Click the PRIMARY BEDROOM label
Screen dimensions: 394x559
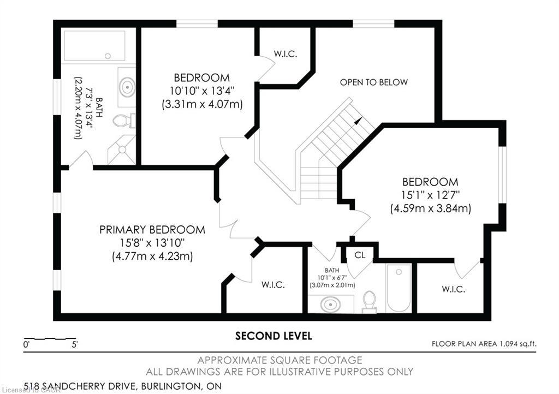(x=152, y=230)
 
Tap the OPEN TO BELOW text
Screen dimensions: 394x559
(x=373, y=82)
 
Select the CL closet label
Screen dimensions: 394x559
(x=359, y=255)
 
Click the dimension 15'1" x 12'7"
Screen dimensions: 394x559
(x=430, y=195)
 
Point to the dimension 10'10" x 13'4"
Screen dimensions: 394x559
(x=202, y=91)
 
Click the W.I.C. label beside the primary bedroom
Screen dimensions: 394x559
(x=273, y=285)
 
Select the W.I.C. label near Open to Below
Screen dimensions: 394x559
(x=285, y=54)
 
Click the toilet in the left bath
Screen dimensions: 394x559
(x=123, y=120)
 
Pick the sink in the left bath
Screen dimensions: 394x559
(x=127, y=87)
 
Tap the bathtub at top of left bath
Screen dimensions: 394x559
(x=94, y=46)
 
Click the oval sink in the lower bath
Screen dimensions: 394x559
(x=331, y=304)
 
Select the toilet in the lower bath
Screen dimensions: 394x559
(x=370, y=301)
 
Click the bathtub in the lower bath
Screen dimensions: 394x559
(x=399, y=288)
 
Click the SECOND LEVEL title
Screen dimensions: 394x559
(x=273, y=336)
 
